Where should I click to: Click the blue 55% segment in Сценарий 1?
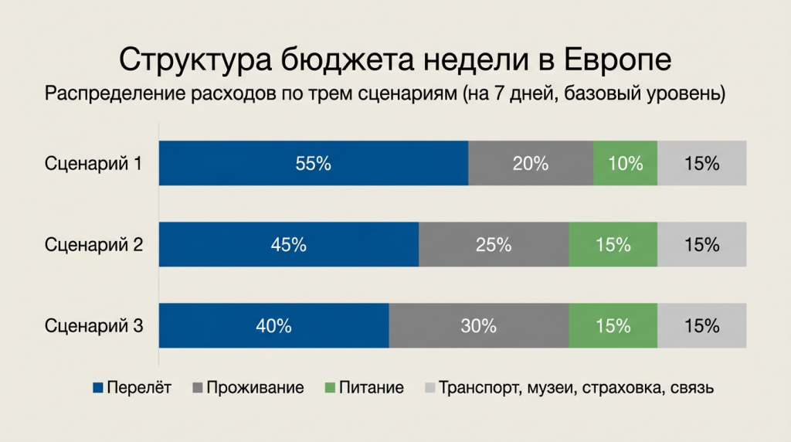pyautogui.click(x=313, y=164)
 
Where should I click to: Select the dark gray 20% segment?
pyautogui.click(x=531, y=164)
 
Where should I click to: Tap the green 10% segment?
pyautogui.click(x=625, y=164)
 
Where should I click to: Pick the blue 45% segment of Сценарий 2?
pyautogui.click(x=289, y=245)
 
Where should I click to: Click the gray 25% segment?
pyautogui.click(x=494, y=245)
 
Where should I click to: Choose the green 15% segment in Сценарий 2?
pyautogui.click(x=613, y=245)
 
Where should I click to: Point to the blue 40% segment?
pyautogui.click(x=273, y=326)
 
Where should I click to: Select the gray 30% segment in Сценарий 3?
pyautogui.click(x=478, y=326)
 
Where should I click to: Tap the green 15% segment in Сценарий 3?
pyautogui.click(x=613, y=326)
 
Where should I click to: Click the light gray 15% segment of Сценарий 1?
pyautogui.click(x=701, y=164)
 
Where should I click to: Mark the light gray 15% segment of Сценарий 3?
pyautogui.click(x=701, y=326)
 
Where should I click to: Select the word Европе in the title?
pyautogui.click(x=616, y=60)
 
